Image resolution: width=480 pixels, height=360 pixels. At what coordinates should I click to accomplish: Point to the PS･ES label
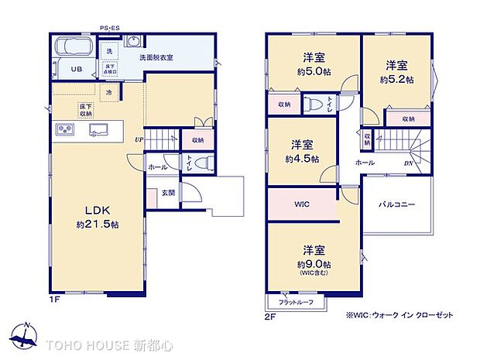[x=109, y=29]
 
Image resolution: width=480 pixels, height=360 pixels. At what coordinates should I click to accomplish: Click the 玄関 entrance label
[x=167, y=193]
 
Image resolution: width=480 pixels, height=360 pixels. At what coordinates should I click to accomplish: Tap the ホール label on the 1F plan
[x=157, y=166]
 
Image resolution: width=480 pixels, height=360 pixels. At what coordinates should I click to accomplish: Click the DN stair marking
[x=407, y=163]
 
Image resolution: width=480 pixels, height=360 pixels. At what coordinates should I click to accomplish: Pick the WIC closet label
[x=303, y=205]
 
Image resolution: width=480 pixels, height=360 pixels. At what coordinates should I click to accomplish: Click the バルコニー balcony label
[x=397, y=205]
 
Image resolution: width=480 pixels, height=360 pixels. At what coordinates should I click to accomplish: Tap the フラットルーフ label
[x=296, y=301]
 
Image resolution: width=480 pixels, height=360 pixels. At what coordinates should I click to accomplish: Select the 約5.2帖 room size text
[x=396, y=79]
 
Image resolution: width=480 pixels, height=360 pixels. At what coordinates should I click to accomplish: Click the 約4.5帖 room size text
[x=302, y=159]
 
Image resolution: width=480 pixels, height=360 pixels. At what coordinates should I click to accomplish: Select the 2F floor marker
[x=270, y=316]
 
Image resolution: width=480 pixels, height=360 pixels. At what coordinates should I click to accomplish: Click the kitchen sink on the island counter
[x=98, y=129]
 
